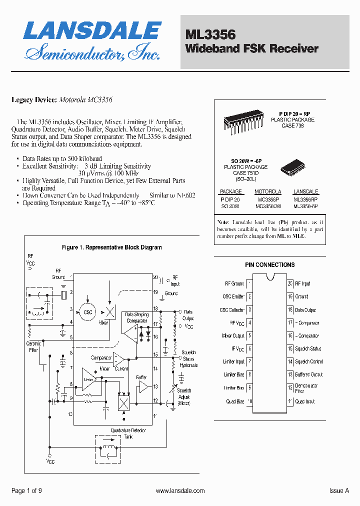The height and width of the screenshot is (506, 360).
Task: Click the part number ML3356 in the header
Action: (x=210, y=34)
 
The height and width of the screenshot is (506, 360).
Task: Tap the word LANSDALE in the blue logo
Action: (x=92, y=31)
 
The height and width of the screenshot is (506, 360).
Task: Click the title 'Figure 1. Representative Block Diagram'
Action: (x=111, y=247)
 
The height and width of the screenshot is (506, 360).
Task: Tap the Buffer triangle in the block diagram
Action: (x=143, y=387)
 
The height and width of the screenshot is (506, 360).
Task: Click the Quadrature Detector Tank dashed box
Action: (x=108, y=447)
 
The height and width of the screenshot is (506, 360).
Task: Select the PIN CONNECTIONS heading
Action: (x=269, y=265)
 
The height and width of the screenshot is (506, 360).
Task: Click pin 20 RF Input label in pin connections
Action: (x=302, y=283)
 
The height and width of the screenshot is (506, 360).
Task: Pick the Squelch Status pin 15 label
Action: (x=308, y=348)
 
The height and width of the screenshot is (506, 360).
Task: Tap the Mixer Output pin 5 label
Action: (x=233, y=335)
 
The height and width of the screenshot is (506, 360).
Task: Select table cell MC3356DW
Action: (x=268, y=206)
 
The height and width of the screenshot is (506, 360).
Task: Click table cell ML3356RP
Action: (x=305, y=198)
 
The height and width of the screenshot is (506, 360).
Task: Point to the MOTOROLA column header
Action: (x=268, y=191)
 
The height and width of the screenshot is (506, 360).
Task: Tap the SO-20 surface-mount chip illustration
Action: (x=291, y=166)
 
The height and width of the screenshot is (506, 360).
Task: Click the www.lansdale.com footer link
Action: (x=180, y=491)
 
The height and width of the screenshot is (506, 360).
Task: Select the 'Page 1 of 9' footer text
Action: (x=26, y=491)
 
